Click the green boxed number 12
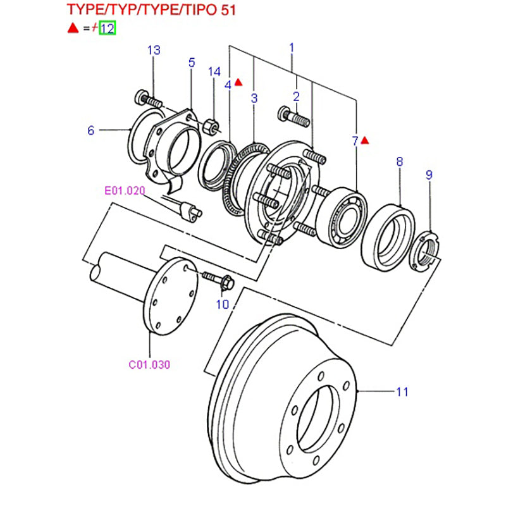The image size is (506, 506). coord(108,28)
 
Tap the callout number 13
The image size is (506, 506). coord(154,51)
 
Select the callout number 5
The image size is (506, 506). coord(192,62)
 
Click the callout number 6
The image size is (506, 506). coord(91,130)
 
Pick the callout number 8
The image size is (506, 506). coord(400,162)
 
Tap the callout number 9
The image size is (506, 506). coord(429,175)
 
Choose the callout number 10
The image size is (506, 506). coord(221,304)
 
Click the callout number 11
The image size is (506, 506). coord(402,392)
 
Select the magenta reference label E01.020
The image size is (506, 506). coord(125,190)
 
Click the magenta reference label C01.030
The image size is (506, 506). coord(149,364)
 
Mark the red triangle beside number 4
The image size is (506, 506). coord(238,82)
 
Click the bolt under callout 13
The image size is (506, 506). coord(149,99)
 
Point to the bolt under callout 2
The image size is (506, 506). coord(292,116)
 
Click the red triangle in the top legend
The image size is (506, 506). coord(73,28)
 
